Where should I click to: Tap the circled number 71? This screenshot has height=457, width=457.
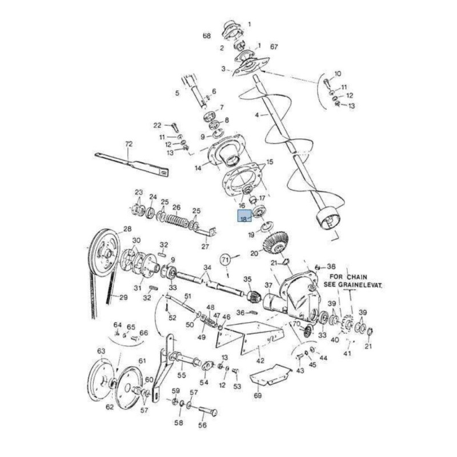tap(226, 259)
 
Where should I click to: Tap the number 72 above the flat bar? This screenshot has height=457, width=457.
tap(129, 143)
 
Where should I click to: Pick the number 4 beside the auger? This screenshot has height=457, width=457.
tap(258, 115)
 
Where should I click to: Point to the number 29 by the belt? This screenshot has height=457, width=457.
tap(123, 296)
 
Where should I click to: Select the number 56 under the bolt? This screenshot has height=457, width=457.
tap(202, 425)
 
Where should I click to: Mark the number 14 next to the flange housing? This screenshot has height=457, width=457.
tap(198, 168)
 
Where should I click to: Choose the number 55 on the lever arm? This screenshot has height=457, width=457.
tap(182, 375)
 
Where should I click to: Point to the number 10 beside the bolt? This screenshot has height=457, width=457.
tap(337, 74)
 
